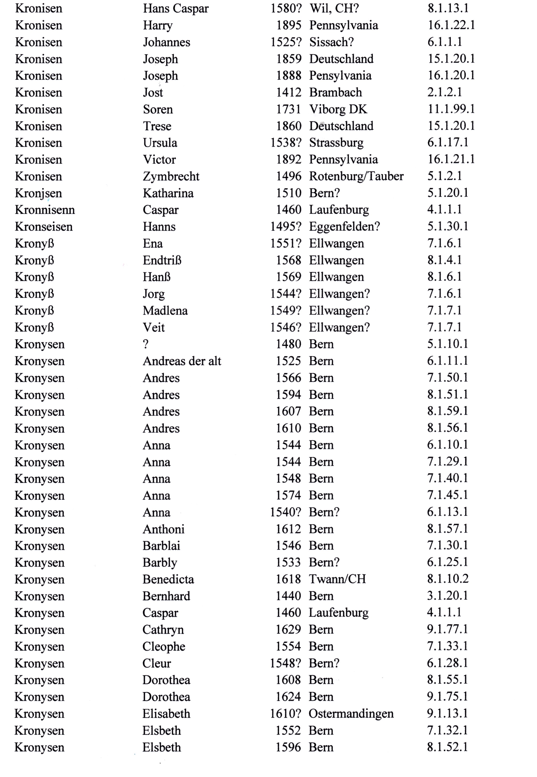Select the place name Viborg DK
(338, 109)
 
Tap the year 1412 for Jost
(288, 92)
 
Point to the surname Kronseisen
(44, 227)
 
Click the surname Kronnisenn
(45, 210)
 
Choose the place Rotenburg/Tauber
(356, 176)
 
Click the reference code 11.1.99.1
(451, 109)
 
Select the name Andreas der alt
(182, 361)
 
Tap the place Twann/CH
(337, 579)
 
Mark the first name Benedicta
(168, 579)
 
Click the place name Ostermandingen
(351, 713)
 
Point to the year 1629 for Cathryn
(288, 629)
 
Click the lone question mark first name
(146, 344)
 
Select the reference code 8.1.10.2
(448, 579)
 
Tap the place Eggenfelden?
(344, 227)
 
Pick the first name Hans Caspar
(176, 9)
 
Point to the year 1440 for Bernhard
(288, 596)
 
